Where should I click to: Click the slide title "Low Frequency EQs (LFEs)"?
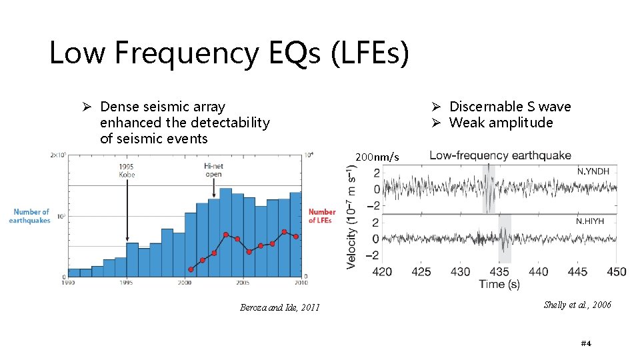[x=229, y=53]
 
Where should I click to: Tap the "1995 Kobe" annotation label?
[x=127, y=170]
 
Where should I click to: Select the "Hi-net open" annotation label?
[x=213, y=170]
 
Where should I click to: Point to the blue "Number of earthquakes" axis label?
[x=31, y=216]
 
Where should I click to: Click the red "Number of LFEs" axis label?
[x=322, y=216]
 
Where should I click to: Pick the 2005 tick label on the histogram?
[x=243, y=282]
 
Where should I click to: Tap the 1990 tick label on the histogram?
[x=69, y=282]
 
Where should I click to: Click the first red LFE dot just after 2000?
[x=191, y=269]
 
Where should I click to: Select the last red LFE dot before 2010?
[x=295, y=235]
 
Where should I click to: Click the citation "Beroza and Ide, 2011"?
[x=280, y=307]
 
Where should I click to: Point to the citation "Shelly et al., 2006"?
[x=577, y=305]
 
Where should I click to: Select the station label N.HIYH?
[x=590, y=221]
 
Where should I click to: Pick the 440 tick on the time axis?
[x=538, y=272]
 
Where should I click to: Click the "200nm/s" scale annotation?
[x=377, y=157]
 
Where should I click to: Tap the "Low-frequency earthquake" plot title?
[x=500, y=155]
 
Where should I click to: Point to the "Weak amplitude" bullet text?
[x=501, y=123]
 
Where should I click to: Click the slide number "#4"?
[x=586, y=343]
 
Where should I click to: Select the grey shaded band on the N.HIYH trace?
[x=505, y=238]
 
